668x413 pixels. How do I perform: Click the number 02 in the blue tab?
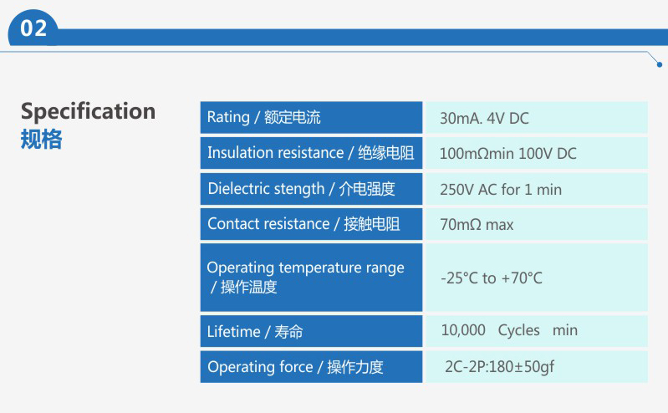(33, 28)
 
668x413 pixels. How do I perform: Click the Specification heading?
(88, 112)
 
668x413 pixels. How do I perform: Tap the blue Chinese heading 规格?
(41, 139)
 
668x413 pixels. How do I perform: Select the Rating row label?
(263, 117)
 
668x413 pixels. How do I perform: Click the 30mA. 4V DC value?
(484, 118)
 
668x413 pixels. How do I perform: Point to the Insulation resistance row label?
(310, 153)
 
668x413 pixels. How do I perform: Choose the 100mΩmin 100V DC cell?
(507, 154)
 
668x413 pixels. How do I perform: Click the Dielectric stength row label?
(301, 189)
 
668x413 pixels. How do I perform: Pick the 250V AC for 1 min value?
(501, 189)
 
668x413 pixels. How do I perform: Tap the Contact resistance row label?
(303, 224)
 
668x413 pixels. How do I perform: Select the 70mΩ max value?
(477, 225)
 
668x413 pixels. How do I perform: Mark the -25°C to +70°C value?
(492, 278)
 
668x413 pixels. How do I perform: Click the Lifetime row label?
(255, 332)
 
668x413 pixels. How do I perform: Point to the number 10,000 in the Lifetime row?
(463, 330)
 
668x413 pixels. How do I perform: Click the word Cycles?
(518, 330)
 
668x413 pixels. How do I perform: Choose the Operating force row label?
(295, 367)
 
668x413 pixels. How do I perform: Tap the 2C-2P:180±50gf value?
(499, 366)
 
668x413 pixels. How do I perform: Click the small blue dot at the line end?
(660, 64)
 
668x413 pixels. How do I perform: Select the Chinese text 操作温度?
(249, 287)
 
